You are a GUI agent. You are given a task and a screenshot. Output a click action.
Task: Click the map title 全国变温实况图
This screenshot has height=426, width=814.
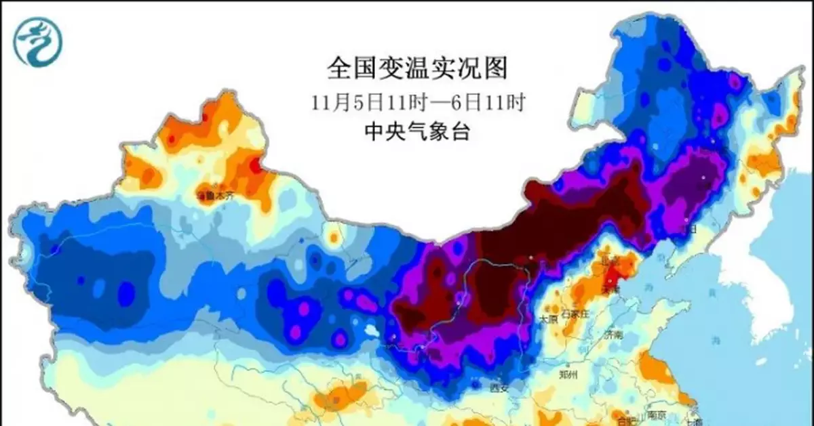tap(416, 68)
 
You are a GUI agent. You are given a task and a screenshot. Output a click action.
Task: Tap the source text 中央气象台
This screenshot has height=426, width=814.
tap(416, 131)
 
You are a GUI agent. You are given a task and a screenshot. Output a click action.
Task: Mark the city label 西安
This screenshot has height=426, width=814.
tap(499, 387)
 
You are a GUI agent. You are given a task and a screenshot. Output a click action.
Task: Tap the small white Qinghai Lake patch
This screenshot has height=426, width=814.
tap(372, 333)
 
